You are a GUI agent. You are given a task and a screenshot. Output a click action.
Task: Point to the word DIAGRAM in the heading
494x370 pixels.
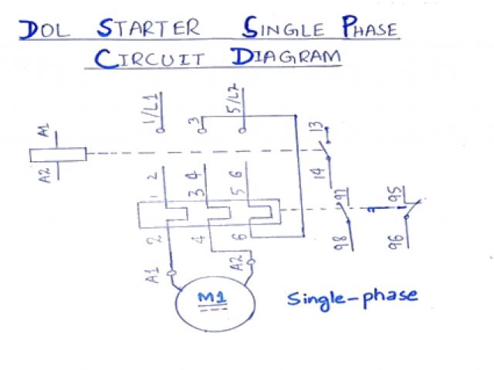286,58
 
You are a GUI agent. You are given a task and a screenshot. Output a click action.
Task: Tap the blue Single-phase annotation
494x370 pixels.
353,297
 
